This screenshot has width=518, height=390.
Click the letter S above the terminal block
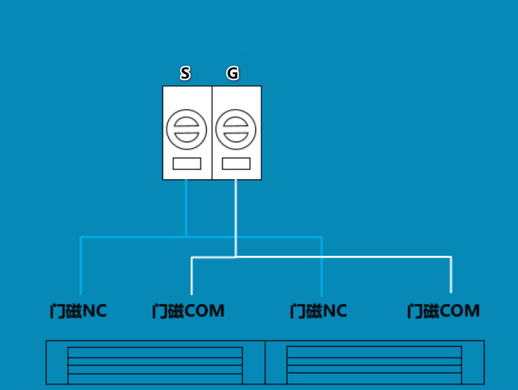coord(185,73)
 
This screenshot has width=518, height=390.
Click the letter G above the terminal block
coord(233,73)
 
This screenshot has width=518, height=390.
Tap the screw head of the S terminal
coord(186,129)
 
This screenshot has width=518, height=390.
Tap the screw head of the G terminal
coord(236,129)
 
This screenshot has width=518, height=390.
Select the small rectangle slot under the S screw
coord(187,164)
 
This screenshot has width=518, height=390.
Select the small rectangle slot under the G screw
coord(236,164)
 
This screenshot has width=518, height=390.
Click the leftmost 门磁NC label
coord(79,311)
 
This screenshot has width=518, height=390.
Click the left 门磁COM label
coord(189,311)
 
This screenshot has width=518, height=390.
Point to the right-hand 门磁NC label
coord(319,311)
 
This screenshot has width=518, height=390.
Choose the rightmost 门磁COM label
coord(443,311)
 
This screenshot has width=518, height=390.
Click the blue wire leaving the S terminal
coord(186,208)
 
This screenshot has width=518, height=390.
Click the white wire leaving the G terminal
coord(236,218)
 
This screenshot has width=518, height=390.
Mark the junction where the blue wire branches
coord(186,237)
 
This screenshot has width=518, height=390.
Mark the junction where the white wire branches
coord(236,257)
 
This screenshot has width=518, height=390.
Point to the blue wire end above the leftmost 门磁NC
coord(80,293)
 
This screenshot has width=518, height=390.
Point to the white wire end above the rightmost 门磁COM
coord(451,292)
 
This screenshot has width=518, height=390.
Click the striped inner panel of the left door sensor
coord(155,365)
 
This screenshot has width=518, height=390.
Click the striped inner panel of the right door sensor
coord(374,365)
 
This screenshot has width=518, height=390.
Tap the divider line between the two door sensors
coord(265,362)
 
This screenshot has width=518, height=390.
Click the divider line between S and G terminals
coord(212,133)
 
